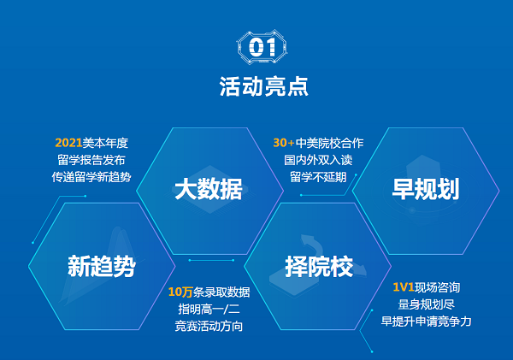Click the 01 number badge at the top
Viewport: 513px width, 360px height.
[x=262, y=47]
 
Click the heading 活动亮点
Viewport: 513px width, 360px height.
[x=263, y=86]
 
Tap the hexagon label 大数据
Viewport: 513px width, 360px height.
[x=209, y=189]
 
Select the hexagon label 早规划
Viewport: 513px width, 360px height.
[x=426, y=189]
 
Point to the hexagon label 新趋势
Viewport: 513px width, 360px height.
[x=102, y=267]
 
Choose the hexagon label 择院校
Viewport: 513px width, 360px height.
[x=319, y=267]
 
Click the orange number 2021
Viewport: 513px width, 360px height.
[x=68, y=143]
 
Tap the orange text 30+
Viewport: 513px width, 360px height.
[x=284, y=143]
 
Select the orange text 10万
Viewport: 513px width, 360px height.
[x=180, y=292]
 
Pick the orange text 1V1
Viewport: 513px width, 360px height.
[x=404, y=287]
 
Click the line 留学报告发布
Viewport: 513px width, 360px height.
[x=91, y=160]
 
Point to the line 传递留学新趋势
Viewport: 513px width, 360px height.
[x=91, y=177]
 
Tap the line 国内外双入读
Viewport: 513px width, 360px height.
[x=318, y=160]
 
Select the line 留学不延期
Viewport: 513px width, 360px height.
[x=318, y=177]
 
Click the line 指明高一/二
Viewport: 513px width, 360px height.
[x=209, y=309]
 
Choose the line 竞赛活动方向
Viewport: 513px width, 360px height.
[x=209, y=326]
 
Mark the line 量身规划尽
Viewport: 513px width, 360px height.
[x=427, y=304]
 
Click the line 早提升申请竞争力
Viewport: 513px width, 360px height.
[x=427, y=322]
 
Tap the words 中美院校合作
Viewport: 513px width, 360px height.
[x=329, y=143]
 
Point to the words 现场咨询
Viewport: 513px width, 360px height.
[x=438, y=287]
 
